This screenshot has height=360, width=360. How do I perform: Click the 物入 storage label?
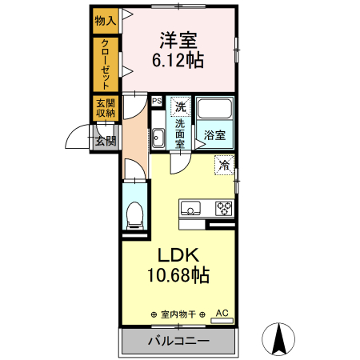tap(105, 21)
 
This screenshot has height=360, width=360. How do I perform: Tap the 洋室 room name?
tap(178, 40)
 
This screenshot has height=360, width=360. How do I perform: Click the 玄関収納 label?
tap(105, 109)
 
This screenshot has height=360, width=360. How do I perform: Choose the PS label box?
tap(157, 102)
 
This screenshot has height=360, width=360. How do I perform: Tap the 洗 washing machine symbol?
tap(181, 106)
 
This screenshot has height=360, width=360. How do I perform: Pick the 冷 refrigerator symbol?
tap(225, 165)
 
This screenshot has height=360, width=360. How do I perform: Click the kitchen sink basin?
tap(191, 209)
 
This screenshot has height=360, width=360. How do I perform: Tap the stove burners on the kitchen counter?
tap(223, 209)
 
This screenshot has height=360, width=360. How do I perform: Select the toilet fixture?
tap(134, 213)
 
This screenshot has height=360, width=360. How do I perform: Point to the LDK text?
tap(178, 255)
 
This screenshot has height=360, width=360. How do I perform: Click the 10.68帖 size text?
tap(178, 277)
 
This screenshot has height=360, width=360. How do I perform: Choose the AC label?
tap(222, 313)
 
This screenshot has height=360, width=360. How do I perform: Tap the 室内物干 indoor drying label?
tap(178, 314)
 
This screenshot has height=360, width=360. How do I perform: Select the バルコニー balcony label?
tap(178, 342)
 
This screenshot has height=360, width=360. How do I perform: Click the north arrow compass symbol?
tap(280, 337)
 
